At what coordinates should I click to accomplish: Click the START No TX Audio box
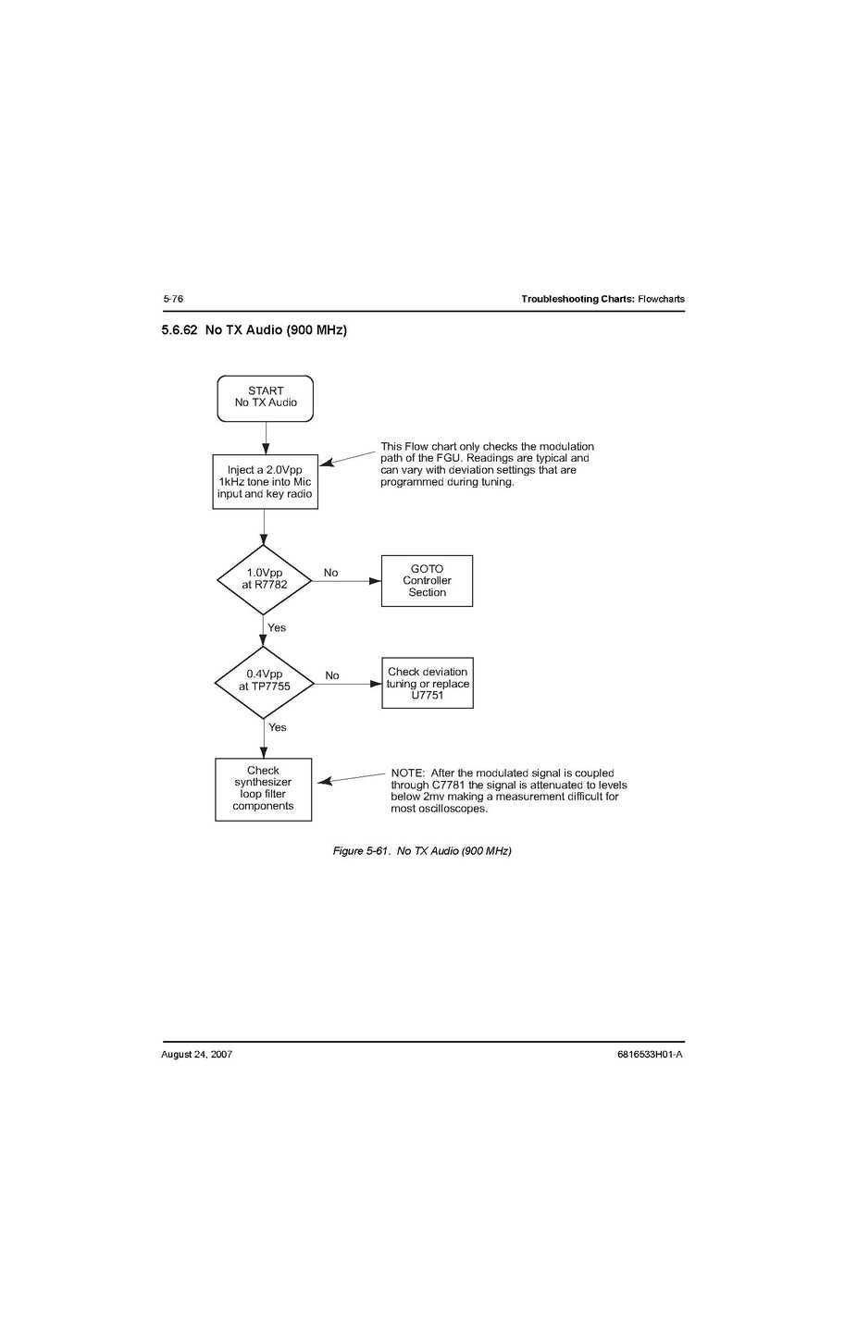pos(266,399)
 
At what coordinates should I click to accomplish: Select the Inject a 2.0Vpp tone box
pos(266,482)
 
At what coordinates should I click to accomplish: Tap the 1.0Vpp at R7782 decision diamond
pos(264,580)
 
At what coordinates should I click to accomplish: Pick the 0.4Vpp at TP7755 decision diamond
pos(264,683)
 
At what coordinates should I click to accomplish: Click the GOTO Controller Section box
pos(427,581)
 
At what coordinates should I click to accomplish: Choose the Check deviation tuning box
pos(428,683)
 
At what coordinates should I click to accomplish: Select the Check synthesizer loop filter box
pos(263,789)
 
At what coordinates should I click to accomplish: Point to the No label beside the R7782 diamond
pos(331,573)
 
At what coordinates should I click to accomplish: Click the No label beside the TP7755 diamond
pos(332,675)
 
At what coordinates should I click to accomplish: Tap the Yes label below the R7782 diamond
pos(277,627)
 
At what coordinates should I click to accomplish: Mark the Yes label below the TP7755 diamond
pos(278,727)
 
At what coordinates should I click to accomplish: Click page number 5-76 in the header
pos(173,299)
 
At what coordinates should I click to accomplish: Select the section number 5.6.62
pos(180,329)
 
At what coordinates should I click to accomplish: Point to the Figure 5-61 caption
pos(422,850)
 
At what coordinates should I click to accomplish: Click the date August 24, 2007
pos(197,1055)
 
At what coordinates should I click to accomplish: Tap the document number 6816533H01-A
pos(650,1055)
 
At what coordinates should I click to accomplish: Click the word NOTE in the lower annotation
pos(407,773)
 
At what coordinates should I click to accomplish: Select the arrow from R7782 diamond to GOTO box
pos(346,581)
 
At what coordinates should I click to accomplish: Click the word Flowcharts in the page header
pos(662,299)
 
